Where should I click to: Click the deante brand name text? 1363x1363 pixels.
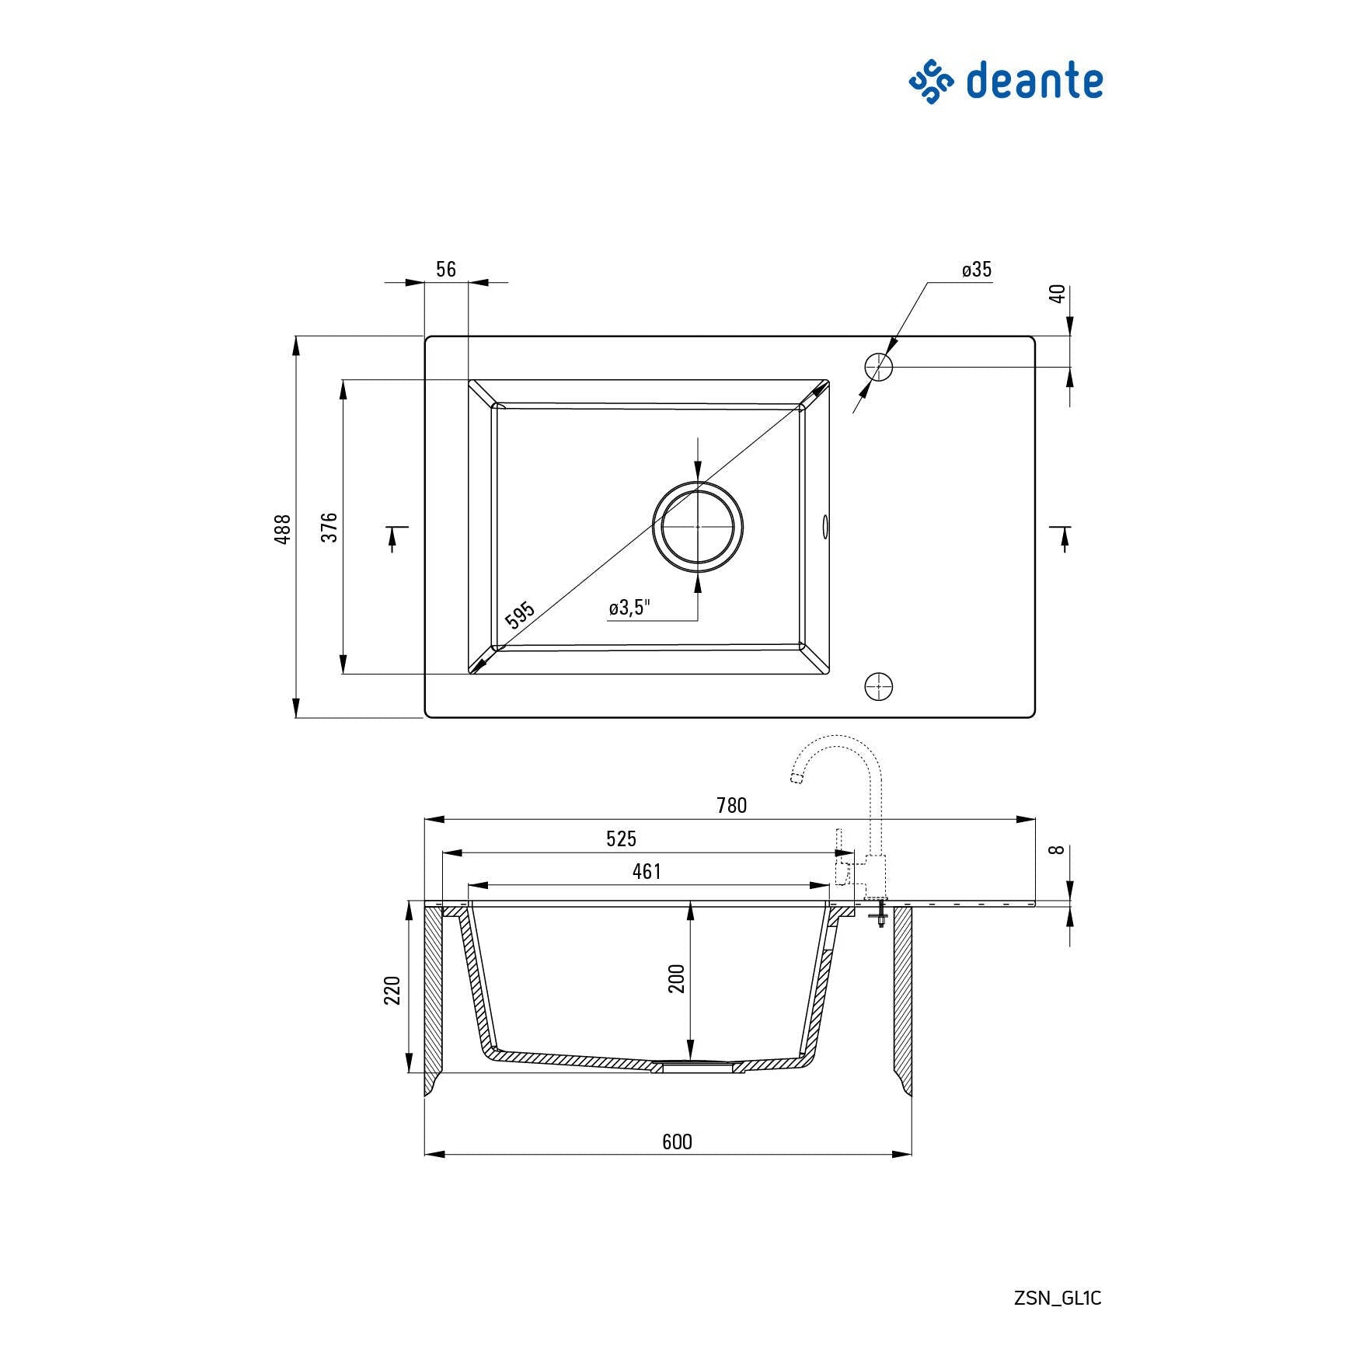click(1034, 82)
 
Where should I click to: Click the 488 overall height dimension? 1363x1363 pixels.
click(283, 528)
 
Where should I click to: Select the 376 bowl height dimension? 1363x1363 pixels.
click(329, 527)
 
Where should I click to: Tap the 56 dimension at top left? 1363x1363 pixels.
click(446, 269)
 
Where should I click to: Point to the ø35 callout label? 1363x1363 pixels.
click(977, 269)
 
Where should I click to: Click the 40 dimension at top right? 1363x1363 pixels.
click(1058, 294)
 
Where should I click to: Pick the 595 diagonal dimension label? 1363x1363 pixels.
click(520, 614)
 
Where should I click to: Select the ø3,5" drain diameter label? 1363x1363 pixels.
click(629, 607)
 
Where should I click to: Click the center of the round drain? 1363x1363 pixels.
click(698, 526)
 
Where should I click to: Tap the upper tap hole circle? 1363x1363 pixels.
click(878, 367)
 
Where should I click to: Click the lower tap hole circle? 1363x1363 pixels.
click(878, 686)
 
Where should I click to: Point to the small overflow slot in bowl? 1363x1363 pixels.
click(824, 526)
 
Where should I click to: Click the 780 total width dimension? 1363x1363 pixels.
click(731, 805)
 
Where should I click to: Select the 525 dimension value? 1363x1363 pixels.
click(621, 838)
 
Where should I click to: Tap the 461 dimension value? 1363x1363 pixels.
click(647, 871)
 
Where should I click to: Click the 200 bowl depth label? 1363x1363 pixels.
click(677, 978)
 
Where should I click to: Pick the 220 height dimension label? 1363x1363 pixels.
click(392, 990)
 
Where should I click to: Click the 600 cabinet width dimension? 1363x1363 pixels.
click(677, 1142)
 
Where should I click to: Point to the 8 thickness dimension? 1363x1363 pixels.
click(1056, 850)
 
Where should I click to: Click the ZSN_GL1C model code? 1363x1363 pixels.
click(1058, 1298)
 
